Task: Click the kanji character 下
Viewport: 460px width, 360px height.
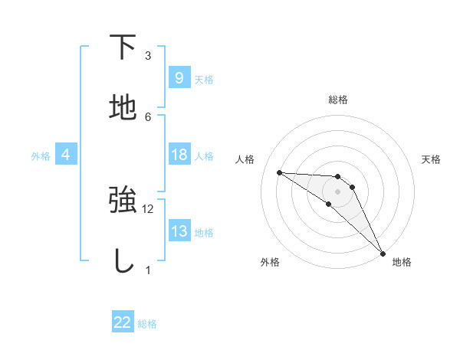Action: click(123, 47)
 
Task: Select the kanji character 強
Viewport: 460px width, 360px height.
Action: click(123, 200)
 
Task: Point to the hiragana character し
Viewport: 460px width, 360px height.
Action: click(123, 261)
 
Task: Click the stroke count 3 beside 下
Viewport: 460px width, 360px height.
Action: click(148, 56)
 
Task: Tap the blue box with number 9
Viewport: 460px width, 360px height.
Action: click(179, 77)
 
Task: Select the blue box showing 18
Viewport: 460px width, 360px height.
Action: click(179, 155)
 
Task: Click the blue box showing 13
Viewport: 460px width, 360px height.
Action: click(179, 231)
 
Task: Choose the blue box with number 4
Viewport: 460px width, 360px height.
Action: click(66, 155)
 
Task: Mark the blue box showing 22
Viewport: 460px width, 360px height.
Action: click(123, 322)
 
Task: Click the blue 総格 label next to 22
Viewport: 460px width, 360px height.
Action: click(147, 324)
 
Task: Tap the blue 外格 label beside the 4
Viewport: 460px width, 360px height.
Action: click(41, 155)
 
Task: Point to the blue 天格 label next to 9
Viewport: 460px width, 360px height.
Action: click(204, 79)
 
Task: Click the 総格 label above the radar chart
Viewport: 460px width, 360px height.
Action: click(337, 100)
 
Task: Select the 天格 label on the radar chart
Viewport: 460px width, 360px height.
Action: click(431, 159)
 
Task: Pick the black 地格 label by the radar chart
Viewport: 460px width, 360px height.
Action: click(402, 262)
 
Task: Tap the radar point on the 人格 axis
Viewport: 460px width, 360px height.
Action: click(279, 172)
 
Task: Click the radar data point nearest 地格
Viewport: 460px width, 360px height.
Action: click(383, 253)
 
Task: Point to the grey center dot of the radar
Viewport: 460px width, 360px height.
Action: click(337, 191)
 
